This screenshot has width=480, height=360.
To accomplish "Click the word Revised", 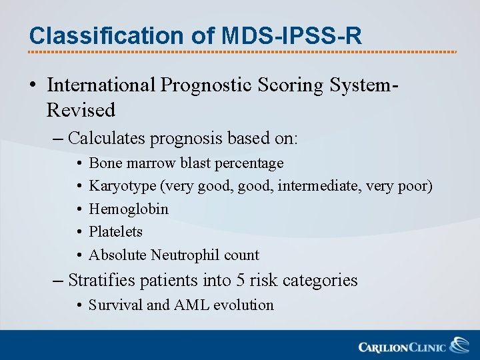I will pyautogui.click(x=81, y=109).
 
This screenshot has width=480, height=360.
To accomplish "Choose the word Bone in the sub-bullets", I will pyautogui.click(x=103, y=163).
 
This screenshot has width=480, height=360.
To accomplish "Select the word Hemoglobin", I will pyautogui.click(x=129, y=209).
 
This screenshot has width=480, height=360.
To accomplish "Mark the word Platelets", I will pyautogui.click(x=116, y=231).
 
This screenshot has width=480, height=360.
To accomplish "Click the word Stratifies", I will pyautogui.click(x=102, y=280).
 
